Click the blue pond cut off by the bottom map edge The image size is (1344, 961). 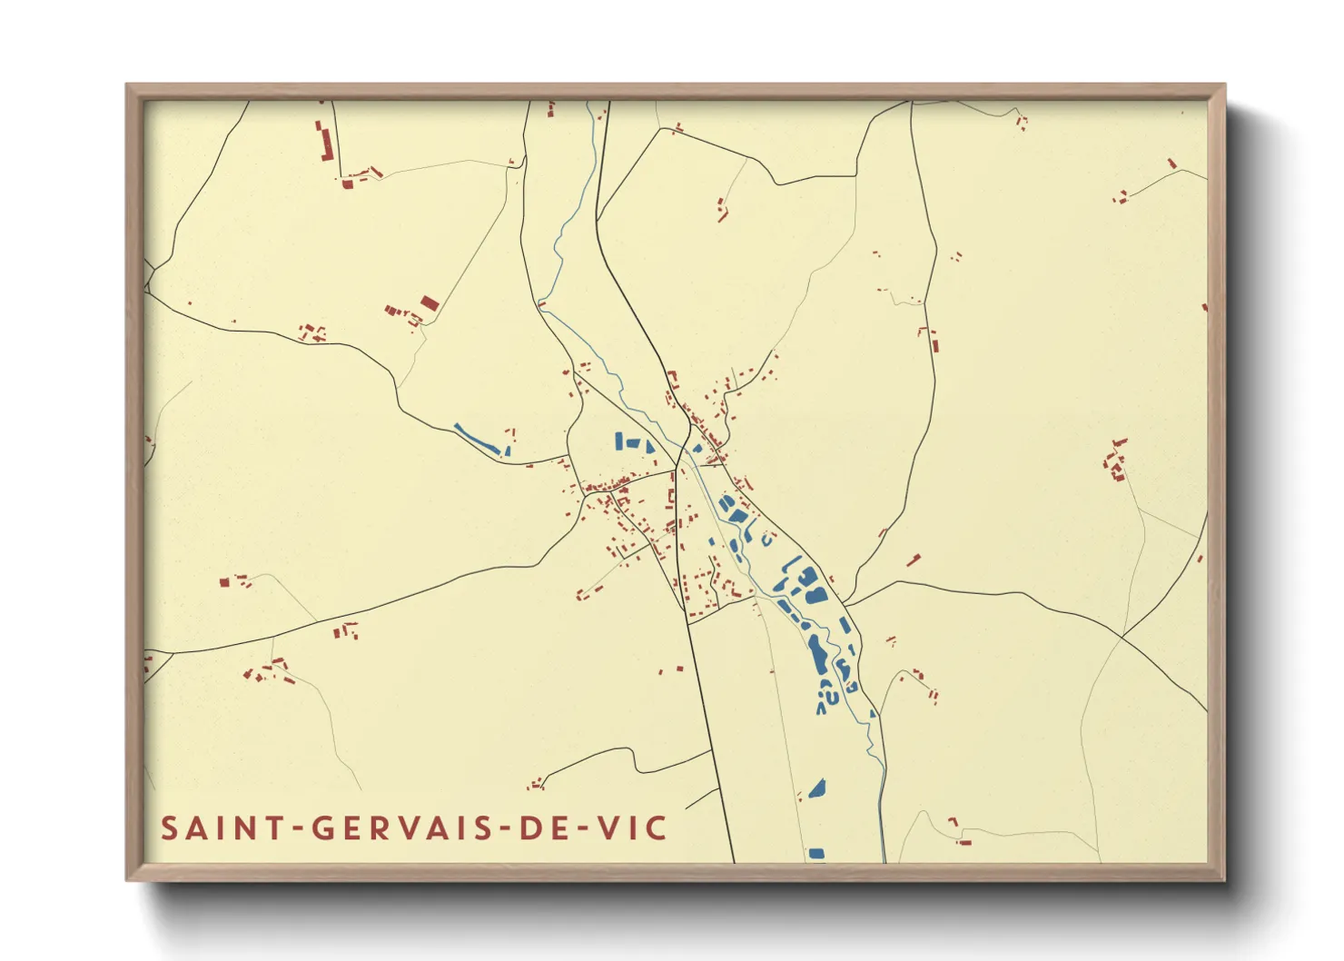point(816,854)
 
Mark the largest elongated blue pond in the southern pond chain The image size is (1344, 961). point(818,654)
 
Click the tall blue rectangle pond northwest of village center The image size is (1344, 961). point(618,441)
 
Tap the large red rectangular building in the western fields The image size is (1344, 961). point(430,303)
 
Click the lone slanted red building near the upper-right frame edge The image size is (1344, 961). point(1171,163)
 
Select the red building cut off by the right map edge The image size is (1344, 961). point(1204,307)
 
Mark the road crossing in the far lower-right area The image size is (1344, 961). point(1122,636)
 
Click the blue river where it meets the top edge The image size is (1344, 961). point(589,104)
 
